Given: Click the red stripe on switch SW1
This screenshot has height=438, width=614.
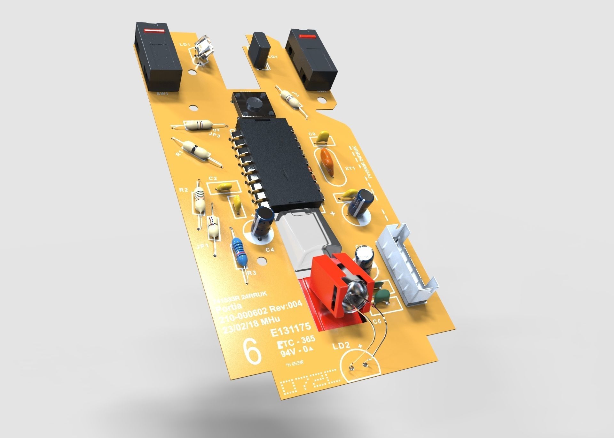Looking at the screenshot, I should pyautogui.click(x=154, y=31).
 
